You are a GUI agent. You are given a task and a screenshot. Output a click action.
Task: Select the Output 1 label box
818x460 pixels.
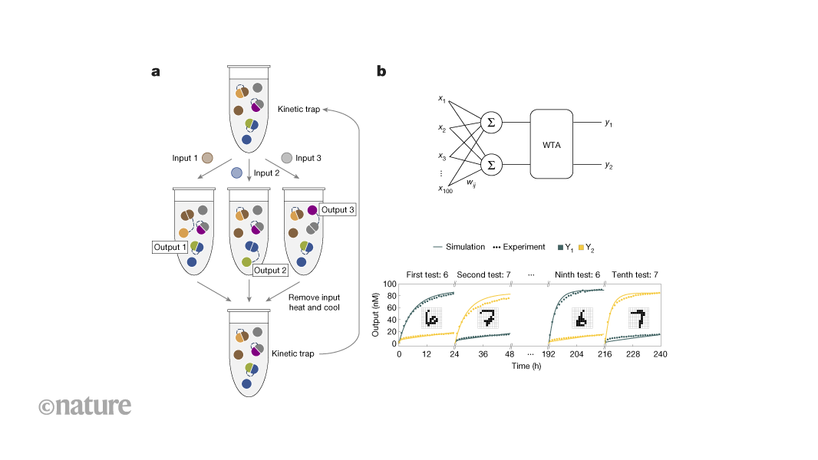(x=170, y=247)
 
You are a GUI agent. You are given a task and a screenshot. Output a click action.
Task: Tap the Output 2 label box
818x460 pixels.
(x=269, y=270)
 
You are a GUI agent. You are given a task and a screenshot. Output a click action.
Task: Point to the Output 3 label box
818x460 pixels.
(x=337, y=209)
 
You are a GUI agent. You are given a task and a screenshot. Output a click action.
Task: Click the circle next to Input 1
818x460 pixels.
(x=207, y=159)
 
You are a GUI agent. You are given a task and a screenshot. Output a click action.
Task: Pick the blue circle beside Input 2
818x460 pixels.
(x=237, y=173)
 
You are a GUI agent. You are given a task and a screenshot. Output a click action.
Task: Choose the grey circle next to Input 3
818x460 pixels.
(x=286, y=159)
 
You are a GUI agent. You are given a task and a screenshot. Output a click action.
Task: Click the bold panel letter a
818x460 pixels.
(x=156, y=72)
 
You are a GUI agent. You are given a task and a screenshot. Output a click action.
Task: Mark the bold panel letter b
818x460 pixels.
(x=381, y=72)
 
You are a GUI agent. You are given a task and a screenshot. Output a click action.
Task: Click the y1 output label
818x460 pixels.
(x=609, y=122)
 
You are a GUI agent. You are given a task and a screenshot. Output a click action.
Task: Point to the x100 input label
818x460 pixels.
(x=445, y=189)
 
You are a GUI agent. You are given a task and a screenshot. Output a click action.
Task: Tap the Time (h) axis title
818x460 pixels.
(x=529, y=366)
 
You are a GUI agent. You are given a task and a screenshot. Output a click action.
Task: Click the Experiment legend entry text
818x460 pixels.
(x=523, y=247)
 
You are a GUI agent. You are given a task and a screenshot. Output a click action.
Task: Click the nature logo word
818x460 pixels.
(x=84, y=406)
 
